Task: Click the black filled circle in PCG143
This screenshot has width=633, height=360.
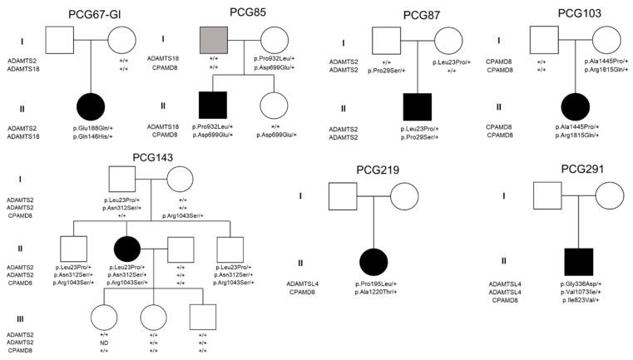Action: pos(126,247)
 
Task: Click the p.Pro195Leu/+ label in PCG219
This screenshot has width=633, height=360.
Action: pos(375,283)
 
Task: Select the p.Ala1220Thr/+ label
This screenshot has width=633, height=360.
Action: pos(375,292)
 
